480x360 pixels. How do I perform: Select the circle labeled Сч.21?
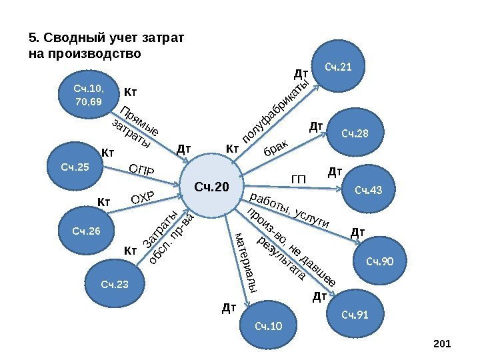click(339, 67)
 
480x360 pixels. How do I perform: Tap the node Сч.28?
click(354, 134)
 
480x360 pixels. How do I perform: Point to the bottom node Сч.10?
click(269, 325)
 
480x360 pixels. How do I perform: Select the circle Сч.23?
click(113, 285)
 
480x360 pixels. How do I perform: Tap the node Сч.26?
click(86, 231)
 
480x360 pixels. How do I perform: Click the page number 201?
click(442, 343)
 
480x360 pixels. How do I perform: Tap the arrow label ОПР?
click(141, 171)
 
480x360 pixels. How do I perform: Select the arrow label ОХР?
click(142, 198)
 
